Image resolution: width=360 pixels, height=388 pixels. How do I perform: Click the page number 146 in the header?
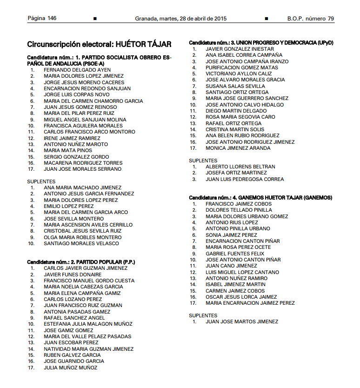[52, 19]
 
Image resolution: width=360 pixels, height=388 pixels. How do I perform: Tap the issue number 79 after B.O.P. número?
[331, 19]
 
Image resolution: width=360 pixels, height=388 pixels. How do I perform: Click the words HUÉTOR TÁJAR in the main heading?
[143, 45]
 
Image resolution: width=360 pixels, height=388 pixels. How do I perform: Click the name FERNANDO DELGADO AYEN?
[77, 70]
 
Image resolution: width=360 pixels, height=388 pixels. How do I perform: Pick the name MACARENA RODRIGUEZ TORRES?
[83, 163]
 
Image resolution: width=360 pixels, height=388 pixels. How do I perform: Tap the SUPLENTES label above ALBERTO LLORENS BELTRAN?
[203, 161]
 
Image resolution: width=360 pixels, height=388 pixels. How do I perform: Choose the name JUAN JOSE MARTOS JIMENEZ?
[242, 321]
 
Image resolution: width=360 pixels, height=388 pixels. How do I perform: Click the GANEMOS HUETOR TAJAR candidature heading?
[260, 198]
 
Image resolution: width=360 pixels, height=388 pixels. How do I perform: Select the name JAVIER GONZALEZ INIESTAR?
[240, 49]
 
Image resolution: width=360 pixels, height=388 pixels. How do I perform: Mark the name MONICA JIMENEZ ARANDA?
[238, 148]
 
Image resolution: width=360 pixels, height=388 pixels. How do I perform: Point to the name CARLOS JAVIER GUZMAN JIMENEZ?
[86, 268]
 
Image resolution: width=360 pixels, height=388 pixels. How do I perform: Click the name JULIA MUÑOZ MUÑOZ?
[70, 368]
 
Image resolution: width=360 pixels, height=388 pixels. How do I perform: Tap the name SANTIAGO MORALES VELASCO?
[81, 243]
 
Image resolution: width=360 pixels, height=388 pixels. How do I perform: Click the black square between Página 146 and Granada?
[95, 19]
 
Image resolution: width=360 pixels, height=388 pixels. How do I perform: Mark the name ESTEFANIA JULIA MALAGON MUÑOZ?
[88, 324]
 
